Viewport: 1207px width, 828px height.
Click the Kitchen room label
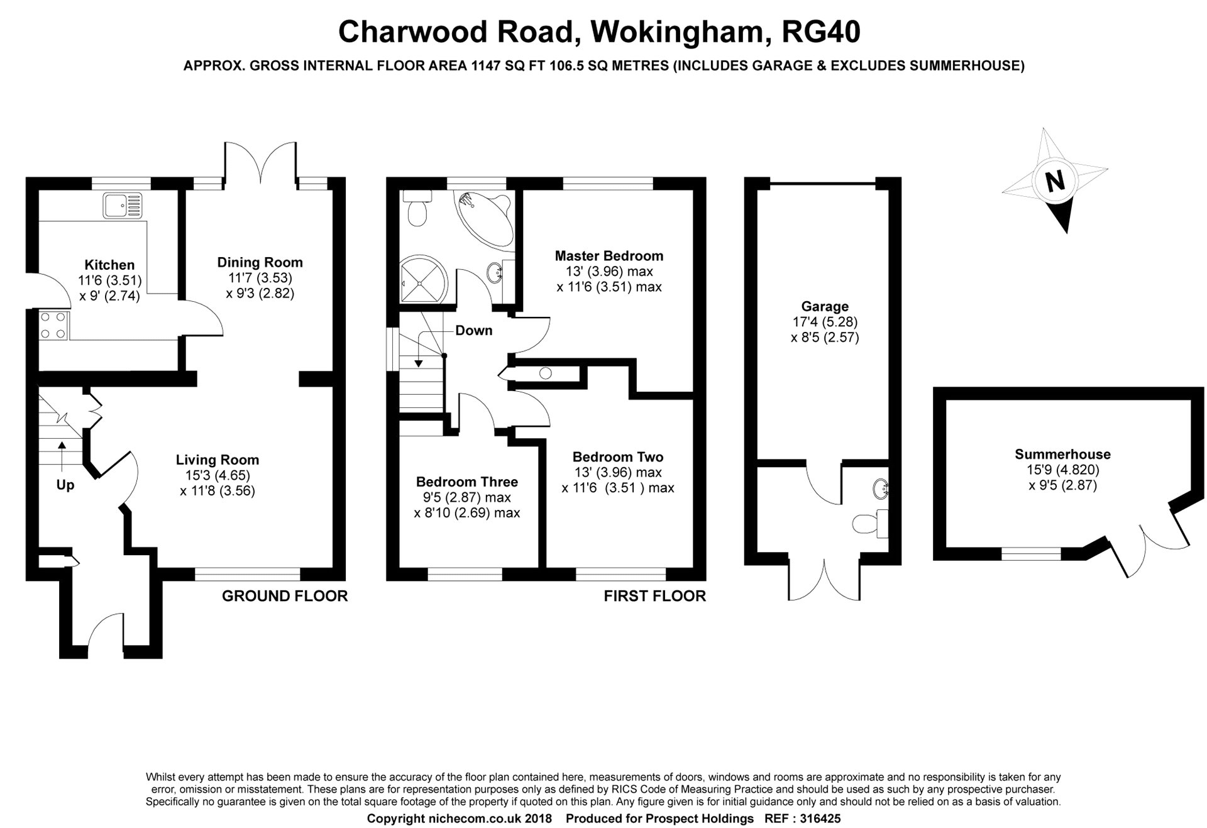(x=109, y=265)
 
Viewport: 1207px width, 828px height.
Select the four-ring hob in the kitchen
(x=53, y=326)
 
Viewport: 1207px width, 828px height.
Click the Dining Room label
(x=260, y=262)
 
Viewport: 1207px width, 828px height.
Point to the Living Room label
(x=217, y=460)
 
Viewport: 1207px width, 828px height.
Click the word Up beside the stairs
(x=65, y=485)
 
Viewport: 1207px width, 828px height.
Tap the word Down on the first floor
(x=473, y=331)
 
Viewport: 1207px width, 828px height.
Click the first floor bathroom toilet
(x=417, y=210)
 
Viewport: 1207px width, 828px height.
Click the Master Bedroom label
(x=609, y=256)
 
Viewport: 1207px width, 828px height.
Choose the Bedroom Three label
(x=466, y=482)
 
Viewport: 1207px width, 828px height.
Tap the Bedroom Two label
(x=617, y=457)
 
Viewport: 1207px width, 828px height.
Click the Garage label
(x=824, y=307)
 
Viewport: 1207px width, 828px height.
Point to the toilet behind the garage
(x=868, y=523)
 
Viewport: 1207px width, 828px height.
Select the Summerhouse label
(x=1062, y=454)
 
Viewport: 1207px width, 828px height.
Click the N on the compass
(x=1055, y=181)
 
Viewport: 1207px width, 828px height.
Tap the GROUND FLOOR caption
(x=284, y=596)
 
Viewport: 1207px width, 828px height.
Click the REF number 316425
(x=820, y=819)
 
